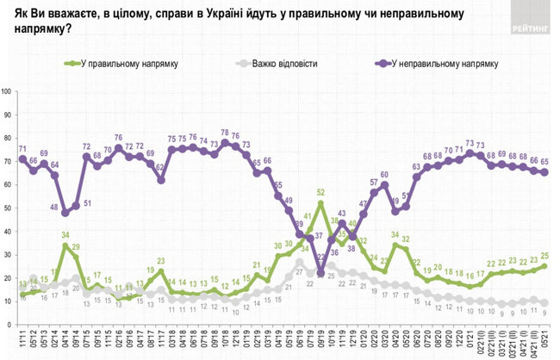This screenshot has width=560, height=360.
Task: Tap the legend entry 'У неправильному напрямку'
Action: click(435, 64)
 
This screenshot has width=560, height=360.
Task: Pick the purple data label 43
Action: click(342, 213)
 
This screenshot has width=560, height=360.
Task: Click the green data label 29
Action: click(75, 246)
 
